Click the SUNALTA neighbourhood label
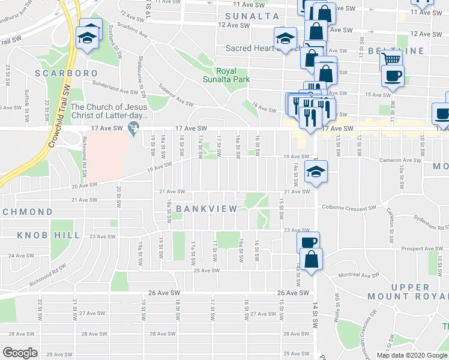click(x=252, y=16)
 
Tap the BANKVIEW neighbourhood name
click(x=206, y=208)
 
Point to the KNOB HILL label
click(x=49, y=235)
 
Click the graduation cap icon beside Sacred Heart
click(x=284, y=38)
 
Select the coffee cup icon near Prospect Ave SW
click(x=309, y=242)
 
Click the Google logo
click(x=20, y=353)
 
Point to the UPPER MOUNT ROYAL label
click(x=414, y=292)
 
